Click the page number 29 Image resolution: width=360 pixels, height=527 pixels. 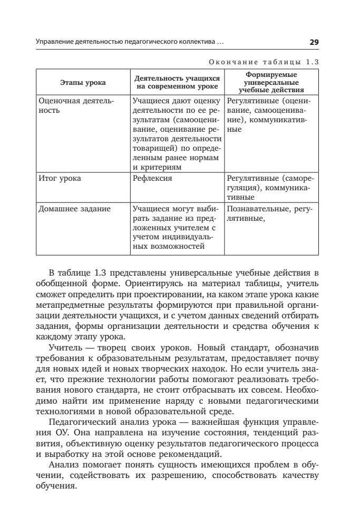314,42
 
